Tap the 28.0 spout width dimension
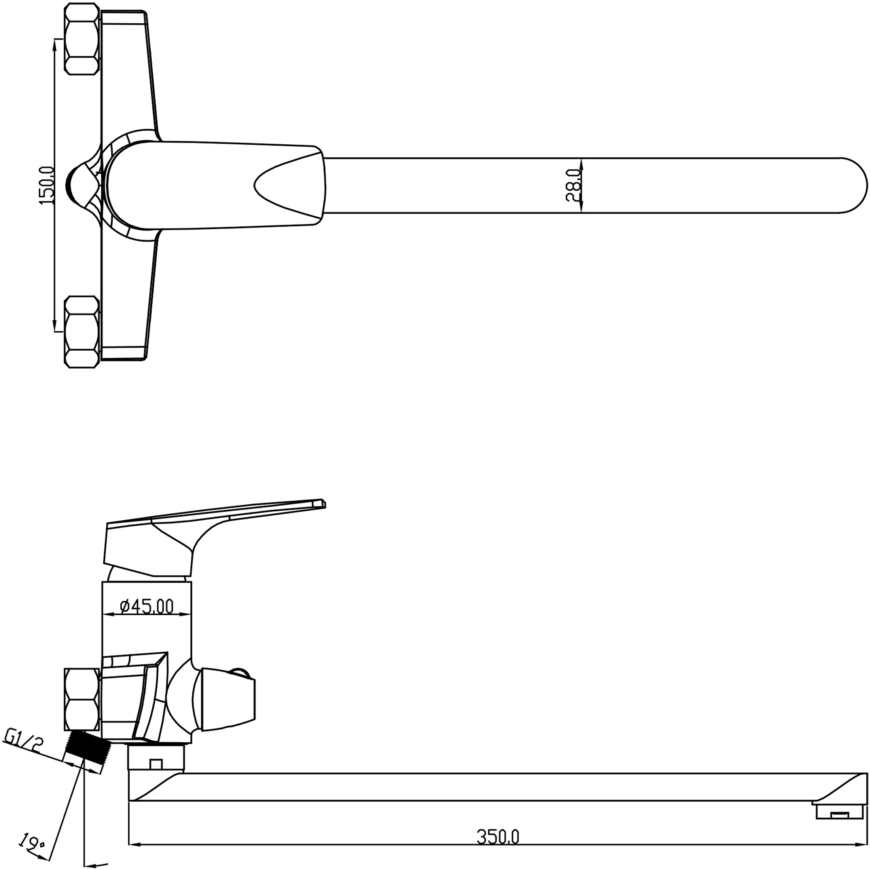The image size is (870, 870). click(x=574, y=185)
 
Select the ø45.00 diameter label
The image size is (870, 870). click(x=147, y=607)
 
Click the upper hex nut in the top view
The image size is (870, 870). click(x=82, y=39)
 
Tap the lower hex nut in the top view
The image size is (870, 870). click(x=82, y=332)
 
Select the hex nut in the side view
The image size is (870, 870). click(x=82, y=705)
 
